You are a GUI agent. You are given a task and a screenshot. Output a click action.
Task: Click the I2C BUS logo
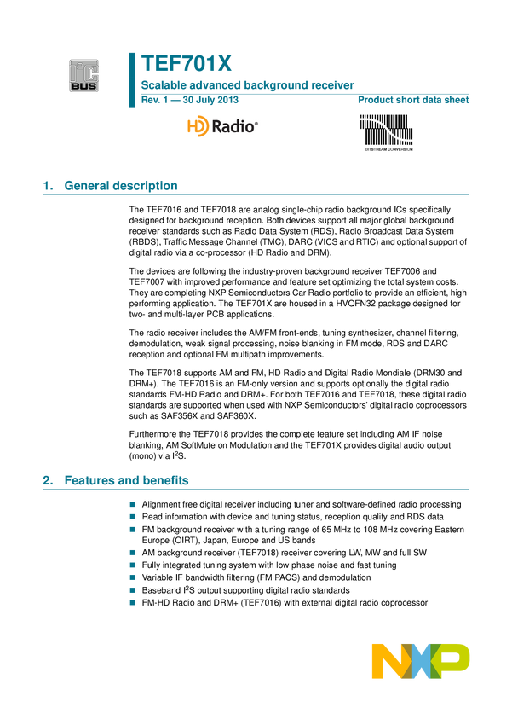(x=84, y=75)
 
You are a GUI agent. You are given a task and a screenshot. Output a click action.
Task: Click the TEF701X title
(x=186, y=64)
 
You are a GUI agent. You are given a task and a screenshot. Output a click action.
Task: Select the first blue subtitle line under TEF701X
(x=247, y=85)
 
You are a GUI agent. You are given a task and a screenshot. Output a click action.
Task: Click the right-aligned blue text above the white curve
(x=413, y=101)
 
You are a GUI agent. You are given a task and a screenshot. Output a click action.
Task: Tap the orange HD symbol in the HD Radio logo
(x=197, y=127)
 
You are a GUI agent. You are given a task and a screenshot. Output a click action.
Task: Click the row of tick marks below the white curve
(x=388, y=149)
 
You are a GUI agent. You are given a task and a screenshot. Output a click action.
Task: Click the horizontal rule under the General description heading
(x=256, y=194)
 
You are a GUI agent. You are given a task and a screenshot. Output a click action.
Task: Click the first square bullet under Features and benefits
(x=132, y=504)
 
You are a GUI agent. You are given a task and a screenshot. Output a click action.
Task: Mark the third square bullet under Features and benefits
(x=132, y=529)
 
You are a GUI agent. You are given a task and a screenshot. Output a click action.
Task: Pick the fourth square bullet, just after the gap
(x=132, y=553)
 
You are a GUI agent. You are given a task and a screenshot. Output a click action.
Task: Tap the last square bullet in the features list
(x=132, y=602)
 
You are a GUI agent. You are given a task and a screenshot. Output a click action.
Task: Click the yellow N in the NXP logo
(x=388, y=662)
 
